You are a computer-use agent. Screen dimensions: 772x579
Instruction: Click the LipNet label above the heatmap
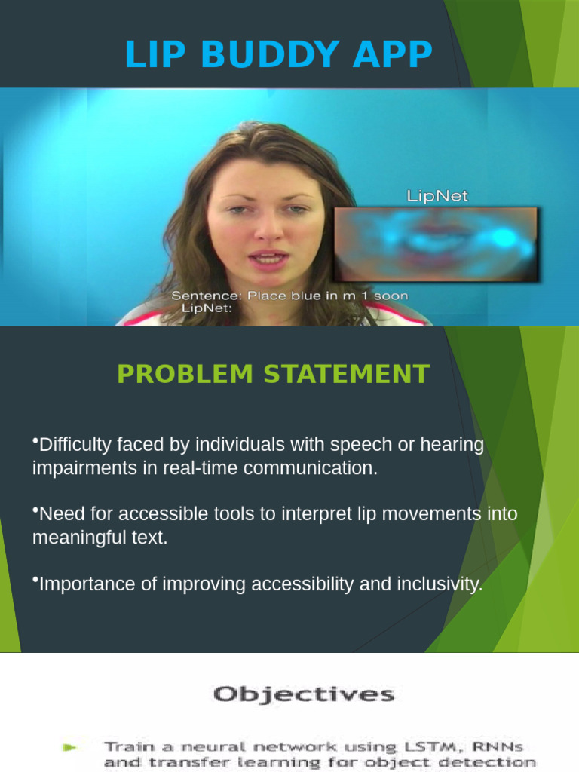(x=437, y=196)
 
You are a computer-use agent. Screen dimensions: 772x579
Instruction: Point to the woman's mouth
(x=268, y=261)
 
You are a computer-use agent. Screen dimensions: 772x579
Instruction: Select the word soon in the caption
(x=391, y=296)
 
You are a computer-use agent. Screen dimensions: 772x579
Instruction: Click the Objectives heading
(x=303, y=694)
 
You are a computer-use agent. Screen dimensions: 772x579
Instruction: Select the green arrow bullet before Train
(x=70, y=748)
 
